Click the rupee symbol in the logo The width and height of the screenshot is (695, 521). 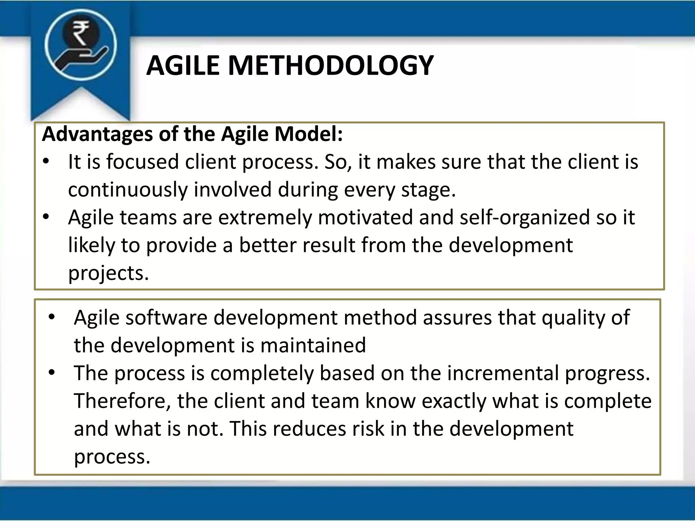(80, 33)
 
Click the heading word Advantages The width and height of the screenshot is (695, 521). (97, 134)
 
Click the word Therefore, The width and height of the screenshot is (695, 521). (122, 401)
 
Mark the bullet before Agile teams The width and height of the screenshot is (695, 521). (46, 216)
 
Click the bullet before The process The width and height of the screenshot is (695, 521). (52, 373)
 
